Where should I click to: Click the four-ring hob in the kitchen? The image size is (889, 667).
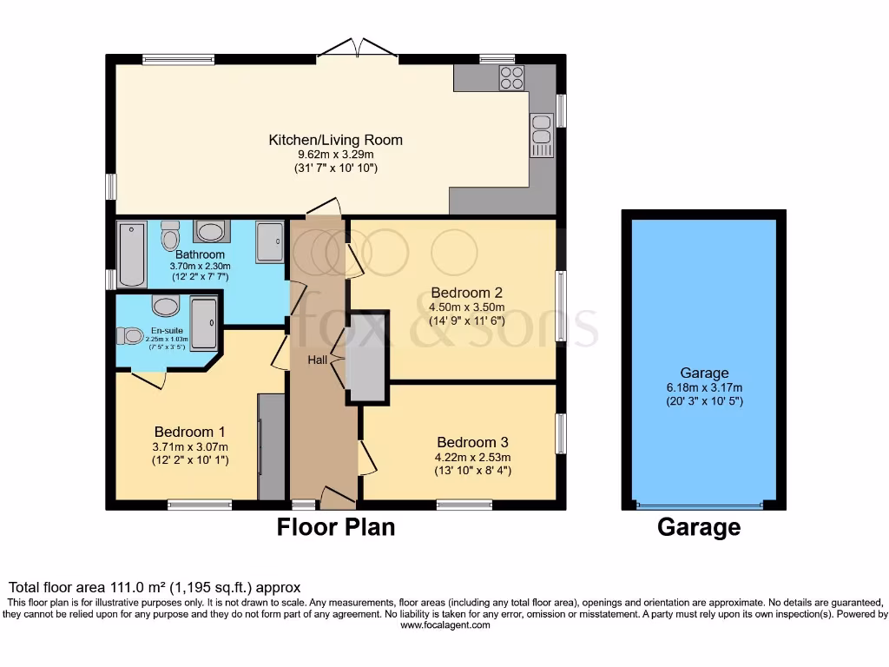(x=511, y=77)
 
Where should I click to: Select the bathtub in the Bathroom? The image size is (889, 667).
(x=132, y=253)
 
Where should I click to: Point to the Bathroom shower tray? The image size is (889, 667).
(x=269, y=241)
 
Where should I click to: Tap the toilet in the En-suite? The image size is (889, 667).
(x=131, y=335)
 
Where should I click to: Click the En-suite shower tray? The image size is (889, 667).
(x=204, y=324)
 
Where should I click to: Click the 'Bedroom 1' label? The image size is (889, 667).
(x=190, y=432)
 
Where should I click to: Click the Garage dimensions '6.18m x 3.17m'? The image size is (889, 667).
(x=704, y=387)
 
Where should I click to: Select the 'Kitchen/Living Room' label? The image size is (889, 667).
(x=335, y=140)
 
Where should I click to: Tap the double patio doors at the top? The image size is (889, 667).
(x=358, y=49)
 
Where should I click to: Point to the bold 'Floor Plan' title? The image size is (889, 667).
(x=336, y=526)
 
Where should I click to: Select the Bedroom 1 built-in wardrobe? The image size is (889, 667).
(x=272, y=446)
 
